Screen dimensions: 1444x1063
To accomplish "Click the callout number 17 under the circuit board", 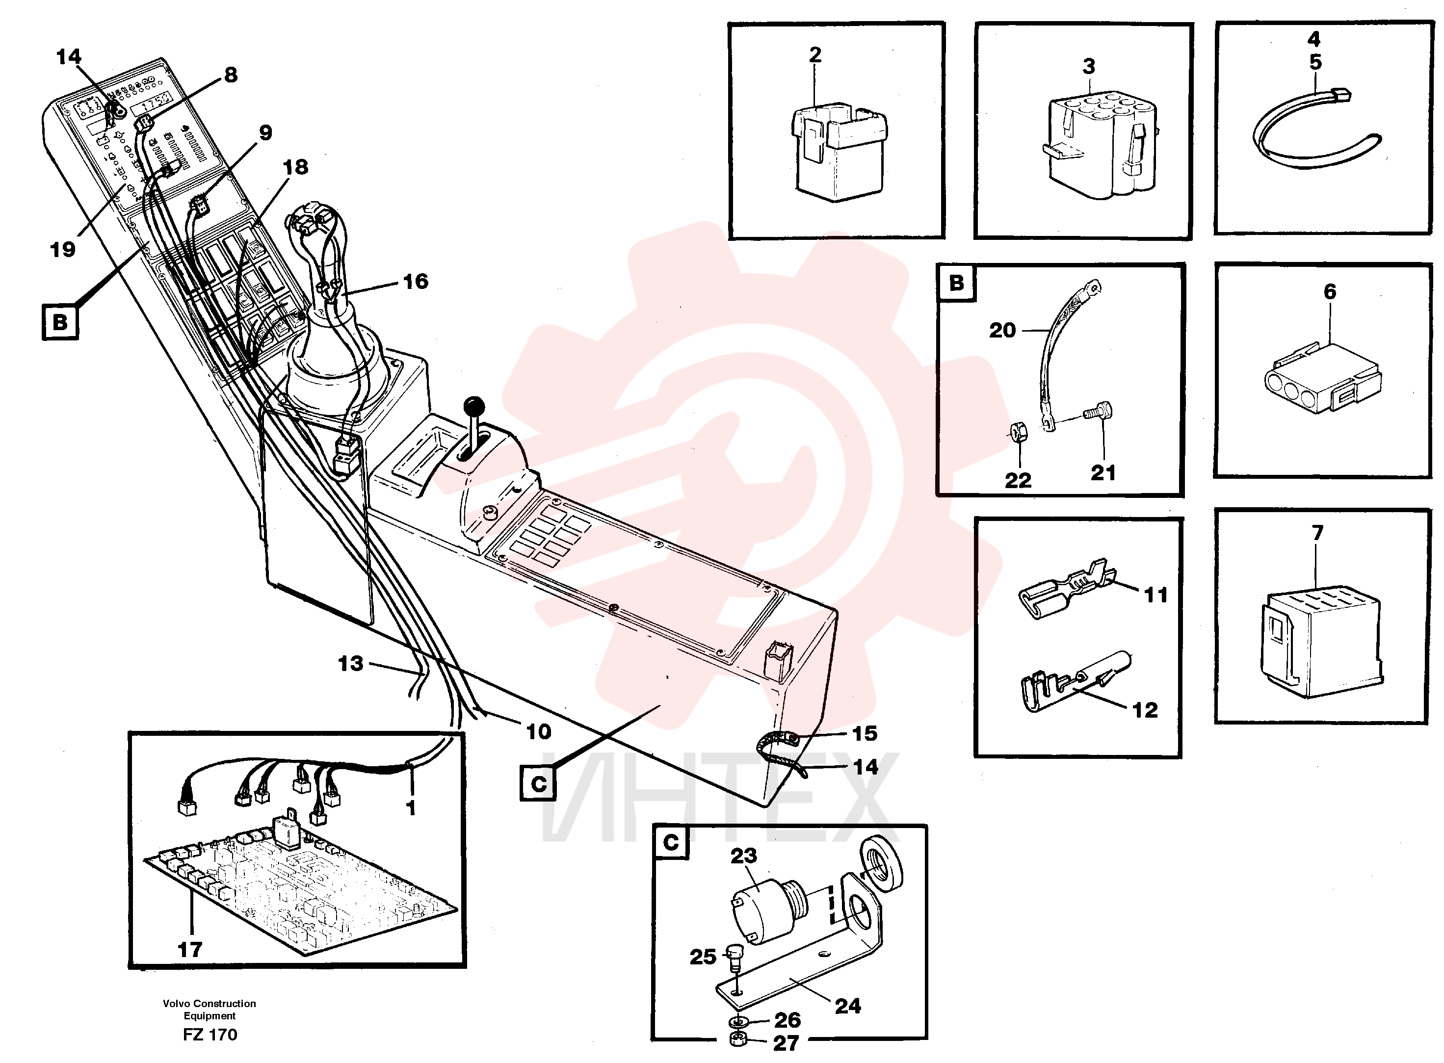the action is (190, 949).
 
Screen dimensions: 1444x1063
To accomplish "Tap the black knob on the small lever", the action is (475, 406).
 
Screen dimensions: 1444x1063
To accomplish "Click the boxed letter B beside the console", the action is (60, 321).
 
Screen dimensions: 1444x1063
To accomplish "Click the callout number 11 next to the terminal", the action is (1155, 595).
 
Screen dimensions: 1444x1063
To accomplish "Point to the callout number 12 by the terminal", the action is (1145, 710).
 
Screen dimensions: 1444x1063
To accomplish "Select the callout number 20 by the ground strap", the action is (1002, 330).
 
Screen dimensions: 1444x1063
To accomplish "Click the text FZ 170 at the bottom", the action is (210, 1035).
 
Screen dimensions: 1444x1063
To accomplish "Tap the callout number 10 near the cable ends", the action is (539, 731).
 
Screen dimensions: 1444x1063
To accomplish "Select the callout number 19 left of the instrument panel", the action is (62, 249).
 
